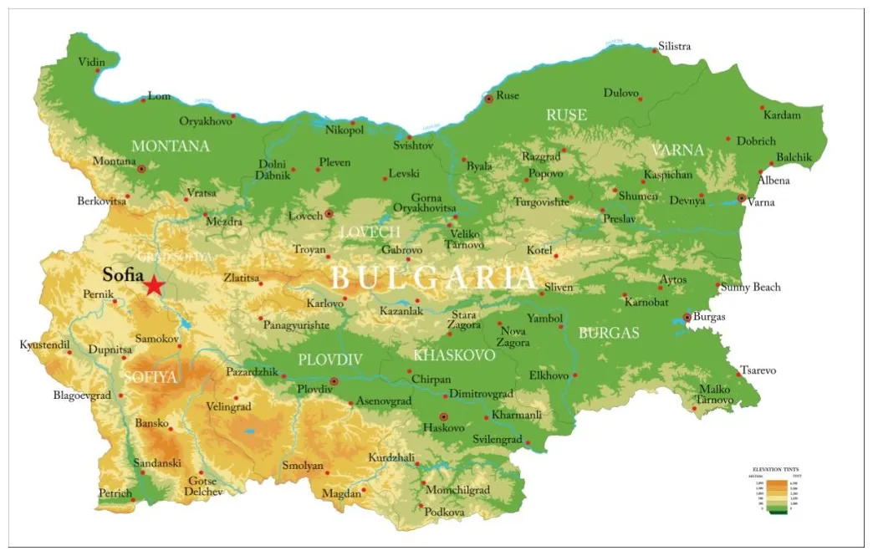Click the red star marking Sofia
(x=154, y=286)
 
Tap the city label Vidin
(x=92, y=62)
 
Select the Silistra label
(x=675, y=46)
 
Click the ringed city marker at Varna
(x=742, y=198)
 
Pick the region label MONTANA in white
(x=171, y=146)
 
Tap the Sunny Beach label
(x=751, y=287)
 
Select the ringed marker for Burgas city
(x=687, y=318)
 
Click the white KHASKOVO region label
(x=454, y=355)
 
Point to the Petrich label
(x=115, y=493)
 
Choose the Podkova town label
(x=444, y=511)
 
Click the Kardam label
(x=781, y=115)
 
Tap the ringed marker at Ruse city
(x=489, y=99)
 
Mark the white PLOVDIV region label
(x=330, y=360)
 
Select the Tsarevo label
(x=758, y=370)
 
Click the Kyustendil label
(x=45, y=344)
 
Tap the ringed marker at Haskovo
(x=444, y=416)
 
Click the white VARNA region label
(x=677, y=150)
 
